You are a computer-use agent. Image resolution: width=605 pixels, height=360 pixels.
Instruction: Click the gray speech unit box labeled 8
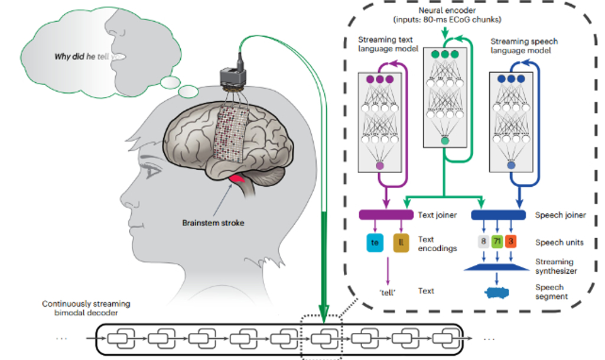click(484, 242)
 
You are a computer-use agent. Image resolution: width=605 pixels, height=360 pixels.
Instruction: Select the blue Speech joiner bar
click(498, 215)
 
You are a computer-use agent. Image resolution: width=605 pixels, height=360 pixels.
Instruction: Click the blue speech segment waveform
click(498, 293)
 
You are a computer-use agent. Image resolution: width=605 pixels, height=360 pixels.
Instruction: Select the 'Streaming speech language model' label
click(524, 47)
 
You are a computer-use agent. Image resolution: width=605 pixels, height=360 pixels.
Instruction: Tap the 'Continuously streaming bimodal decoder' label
click(86, 309)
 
